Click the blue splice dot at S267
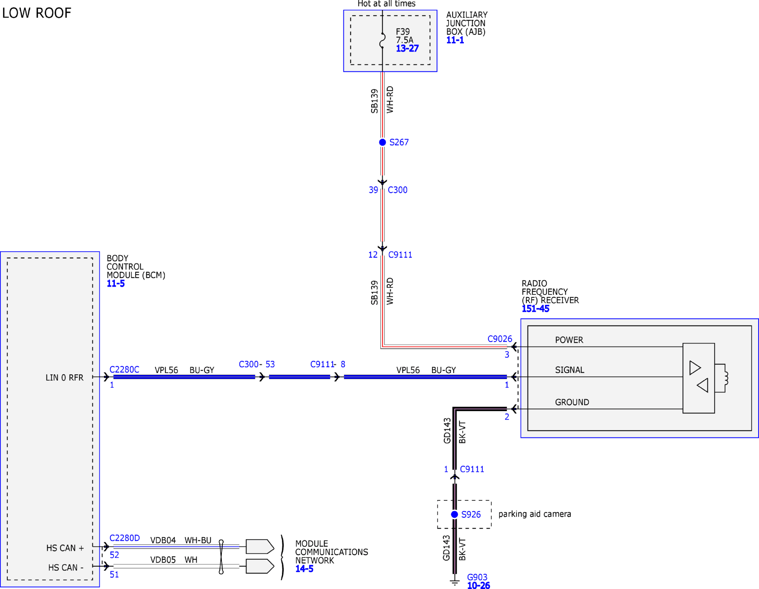(x=382, y=142)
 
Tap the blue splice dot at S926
(x=454, y=514)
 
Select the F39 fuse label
(x=403, y=32)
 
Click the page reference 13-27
(x=407, y=49)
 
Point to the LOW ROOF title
(x=37, y=13)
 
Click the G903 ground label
(x=477, y=577)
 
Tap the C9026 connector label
(x=500, y=339)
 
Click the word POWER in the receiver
(x=569, y=340)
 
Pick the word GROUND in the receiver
(x=572, y=402)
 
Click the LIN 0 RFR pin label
(x=64, y=378)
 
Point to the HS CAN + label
(x=65, y=548)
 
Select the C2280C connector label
(x=124, y=370)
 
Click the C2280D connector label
(x=124, y=538)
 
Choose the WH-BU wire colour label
(x=198, y=540)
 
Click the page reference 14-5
(x=304, y=569)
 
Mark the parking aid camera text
(x=535, y=514)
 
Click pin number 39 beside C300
(x=373, y=190)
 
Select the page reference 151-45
(x=536, y=309)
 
